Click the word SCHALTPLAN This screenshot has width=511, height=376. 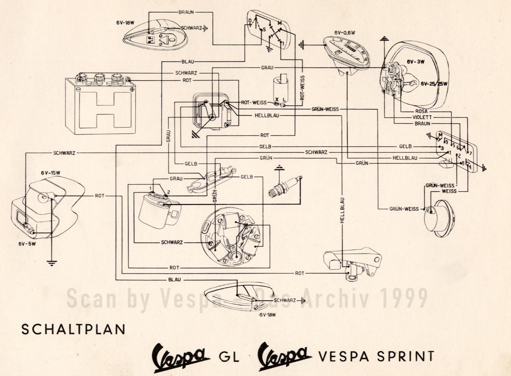coord(73,330)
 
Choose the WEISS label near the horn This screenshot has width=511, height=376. coord(449,191)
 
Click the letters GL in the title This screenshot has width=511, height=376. coord(229,357)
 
